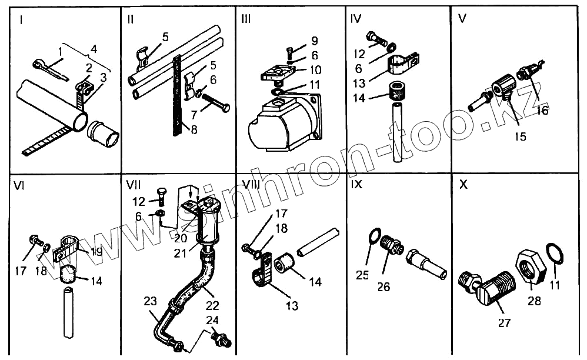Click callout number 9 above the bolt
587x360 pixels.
(315, 41)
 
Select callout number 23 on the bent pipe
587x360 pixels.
(151, 302)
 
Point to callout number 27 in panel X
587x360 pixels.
(504, 322)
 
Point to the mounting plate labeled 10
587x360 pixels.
(276, 73)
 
